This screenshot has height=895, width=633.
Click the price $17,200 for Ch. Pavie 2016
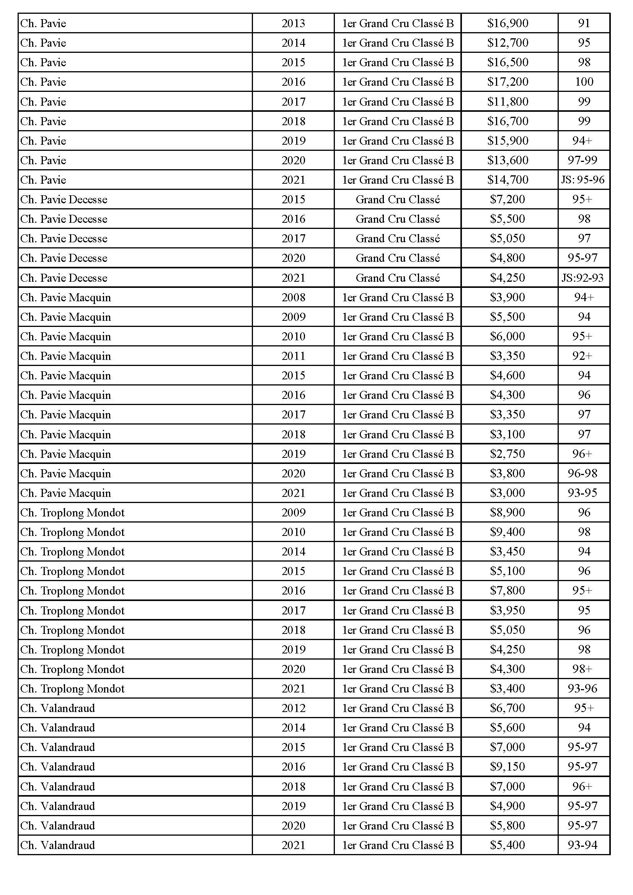(x=507, y=82)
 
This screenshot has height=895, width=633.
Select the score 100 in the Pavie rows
(x=584, y=82)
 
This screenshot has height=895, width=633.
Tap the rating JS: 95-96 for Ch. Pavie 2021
(x=583, y=180)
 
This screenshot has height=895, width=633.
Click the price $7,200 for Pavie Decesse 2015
(x=507, y=199)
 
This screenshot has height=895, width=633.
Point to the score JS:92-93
(x=583, y=278)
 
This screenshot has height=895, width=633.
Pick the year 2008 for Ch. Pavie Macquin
(x=293, y=297)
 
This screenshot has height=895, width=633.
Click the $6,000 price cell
(x=507, y=336)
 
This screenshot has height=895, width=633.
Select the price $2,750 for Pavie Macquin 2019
(x=507, y=454)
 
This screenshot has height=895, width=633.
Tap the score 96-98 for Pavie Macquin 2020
(x=583, y=473)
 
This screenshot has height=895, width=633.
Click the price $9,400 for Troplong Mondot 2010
(x=507, y=532)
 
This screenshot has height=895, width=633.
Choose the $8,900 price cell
(x=507, y=512)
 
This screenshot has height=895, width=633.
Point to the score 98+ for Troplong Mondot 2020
(x=583, y=669)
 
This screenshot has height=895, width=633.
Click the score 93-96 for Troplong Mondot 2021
(x=583, y=688)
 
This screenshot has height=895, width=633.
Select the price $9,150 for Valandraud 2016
(x=507, y=766)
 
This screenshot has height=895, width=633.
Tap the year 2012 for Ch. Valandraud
(x=293, y=708)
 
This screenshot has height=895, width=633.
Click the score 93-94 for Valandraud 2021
(x=583, y=845)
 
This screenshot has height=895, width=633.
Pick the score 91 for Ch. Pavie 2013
(x=584, y=23)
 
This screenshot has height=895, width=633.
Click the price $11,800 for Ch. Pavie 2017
(x=507, y=102)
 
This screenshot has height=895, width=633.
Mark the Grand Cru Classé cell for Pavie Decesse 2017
(x=398, y=238)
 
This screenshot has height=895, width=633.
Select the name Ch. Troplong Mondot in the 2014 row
(x=72, y=552)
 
